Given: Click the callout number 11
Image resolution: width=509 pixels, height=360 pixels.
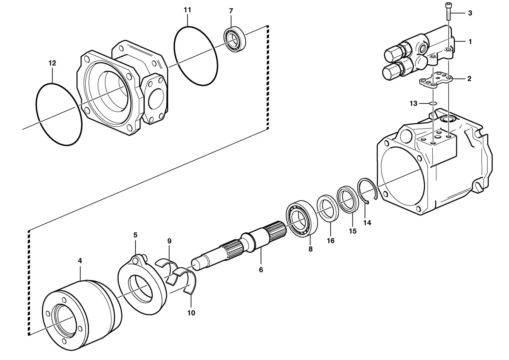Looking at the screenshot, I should [187, 10].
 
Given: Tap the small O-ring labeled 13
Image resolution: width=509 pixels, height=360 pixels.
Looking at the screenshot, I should [433, 103].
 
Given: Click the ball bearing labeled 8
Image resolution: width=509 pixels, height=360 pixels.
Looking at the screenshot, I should [302, 218].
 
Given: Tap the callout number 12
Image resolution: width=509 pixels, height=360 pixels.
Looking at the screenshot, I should [52, 63].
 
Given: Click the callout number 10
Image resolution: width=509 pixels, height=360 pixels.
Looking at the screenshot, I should [191, 313].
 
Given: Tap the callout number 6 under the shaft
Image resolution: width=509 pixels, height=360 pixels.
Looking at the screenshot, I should [261, 270].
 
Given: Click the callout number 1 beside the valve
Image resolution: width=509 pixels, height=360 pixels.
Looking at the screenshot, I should [470, 42].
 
